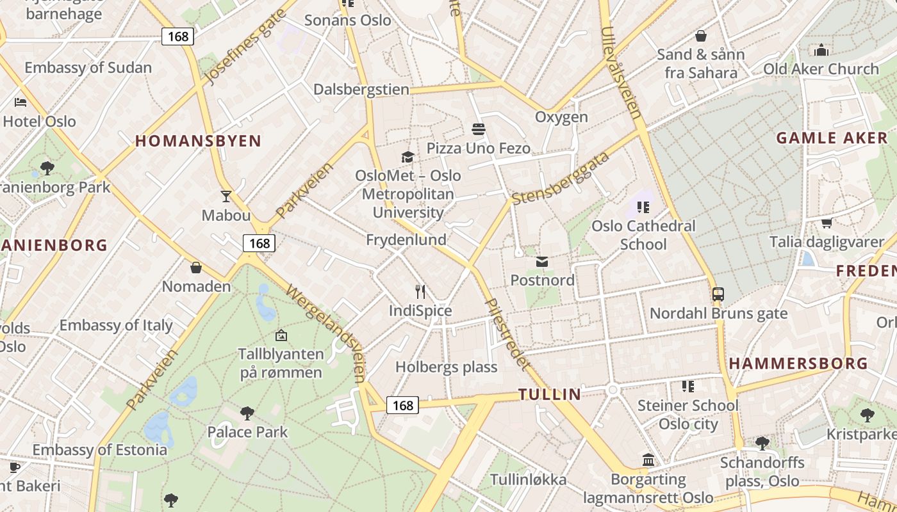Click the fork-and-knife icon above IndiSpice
click(x=420, y=292)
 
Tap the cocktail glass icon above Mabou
click(x=226, y=196)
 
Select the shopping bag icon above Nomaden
click(x=196, y=267)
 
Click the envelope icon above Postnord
click(x=542, y=261)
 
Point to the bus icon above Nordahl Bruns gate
click(x=718, y=294)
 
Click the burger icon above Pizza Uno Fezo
click(x=478, y=129)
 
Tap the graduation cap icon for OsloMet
click(x=407, y=157)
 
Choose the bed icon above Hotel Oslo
click(x=21, y=102)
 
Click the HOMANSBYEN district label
click(x=199, y=141)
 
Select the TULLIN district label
click(x=550, y=394)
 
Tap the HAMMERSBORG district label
click(x=798, y=364)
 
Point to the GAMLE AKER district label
click(x=832, y=138)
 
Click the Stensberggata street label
click(x=561, y=179)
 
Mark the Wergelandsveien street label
click(x=326, y=332)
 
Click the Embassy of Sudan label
click(x=88, y=68)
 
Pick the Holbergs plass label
click(x=447, y=367)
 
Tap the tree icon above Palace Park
click(x=247, y=413)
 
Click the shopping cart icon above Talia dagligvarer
click(x=827, y=223)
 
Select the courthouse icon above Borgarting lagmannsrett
click(x=648, y=460)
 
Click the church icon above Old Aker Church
click(x=821, y=50)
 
